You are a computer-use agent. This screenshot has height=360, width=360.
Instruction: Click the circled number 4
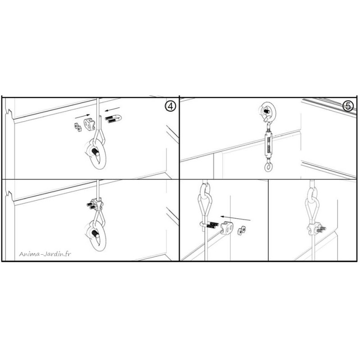(x=170, y=107)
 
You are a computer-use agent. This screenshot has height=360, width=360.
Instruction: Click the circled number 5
(x=348, y=106)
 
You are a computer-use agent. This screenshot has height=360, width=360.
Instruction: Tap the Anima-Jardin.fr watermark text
(x=45, y=254)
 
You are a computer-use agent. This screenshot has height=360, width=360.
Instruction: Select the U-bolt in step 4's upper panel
(x=113, y=119)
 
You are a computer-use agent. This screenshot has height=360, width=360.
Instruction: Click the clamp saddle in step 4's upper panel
(x=89, y=125)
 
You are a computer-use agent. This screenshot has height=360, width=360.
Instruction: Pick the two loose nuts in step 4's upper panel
(x=77, y=127)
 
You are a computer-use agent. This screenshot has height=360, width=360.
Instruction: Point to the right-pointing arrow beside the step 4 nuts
(x=82, y=116)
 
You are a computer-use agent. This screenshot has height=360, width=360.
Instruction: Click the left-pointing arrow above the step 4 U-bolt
(x=112, y=109)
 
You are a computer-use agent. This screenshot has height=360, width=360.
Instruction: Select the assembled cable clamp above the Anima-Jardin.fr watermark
(x=95, y=205)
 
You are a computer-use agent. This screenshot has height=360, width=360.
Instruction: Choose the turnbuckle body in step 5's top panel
(x=268, y=144)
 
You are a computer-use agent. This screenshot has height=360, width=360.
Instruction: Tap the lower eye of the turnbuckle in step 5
(x=268, y=167)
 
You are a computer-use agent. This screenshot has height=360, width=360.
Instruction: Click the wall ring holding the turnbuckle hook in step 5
(x=269, y=112)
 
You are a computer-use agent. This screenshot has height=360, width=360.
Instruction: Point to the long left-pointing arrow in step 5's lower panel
(x=235, y=218)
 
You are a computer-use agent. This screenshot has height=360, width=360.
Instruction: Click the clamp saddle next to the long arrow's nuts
(x=227, y=228)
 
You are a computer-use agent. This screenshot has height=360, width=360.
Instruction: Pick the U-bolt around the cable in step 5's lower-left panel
(x=209, y=225)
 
